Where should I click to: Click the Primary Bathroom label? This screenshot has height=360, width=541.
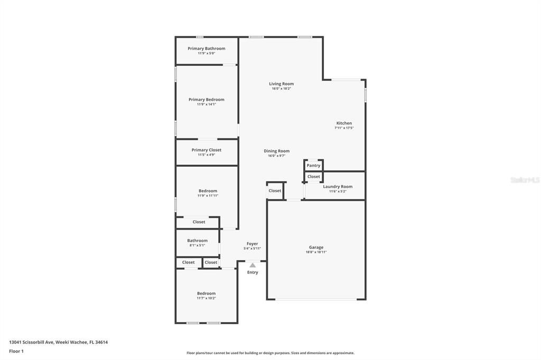click(207, 48)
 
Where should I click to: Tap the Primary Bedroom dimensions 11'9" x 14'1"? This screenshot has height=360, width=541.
click(207, 104)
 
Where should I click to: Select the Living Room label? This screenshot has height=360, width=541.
click(281, 83)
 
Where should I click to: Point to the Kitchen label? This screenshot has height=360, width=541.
click(344, 123)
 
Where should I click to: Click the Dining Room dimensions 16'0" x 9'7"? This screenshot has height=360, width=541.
click(276, 156)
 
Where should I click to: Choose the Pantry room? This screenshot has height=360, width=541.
click(313, 165)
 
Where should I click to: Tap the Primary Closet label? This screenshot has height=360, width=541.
click(207, 150)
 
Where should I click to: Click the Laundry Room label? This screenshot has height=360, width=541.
click(338, 186)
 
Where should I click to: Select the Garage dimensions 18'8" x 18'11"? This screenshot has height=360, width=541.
click(316, 252)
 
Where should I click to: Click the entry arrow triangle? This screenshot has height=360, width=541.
click(253, 265)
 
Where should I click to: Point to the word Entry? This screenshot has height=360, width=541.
click(253, 272)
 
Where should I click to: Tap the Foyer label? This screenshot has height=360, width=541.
click(252, 244)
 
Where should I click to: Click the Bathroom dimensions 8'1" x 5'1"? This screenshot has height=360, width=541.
click(198, 245)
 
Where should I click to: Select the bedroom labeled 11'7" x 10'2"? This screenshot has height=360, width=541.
click(207, 296)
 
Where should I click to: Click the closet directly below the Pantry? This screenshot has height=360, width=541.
click(314, 176)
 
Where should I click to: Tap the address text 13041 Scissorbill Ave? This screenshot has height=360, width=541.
click(31, 342)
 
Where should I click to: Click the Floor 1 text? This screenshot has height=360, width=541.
click(16, 351)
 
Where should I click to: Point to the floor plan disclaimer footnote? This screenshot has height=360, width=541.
click(270, 353)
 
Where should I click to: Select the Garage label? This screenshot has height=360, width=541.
click(316, 247)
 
